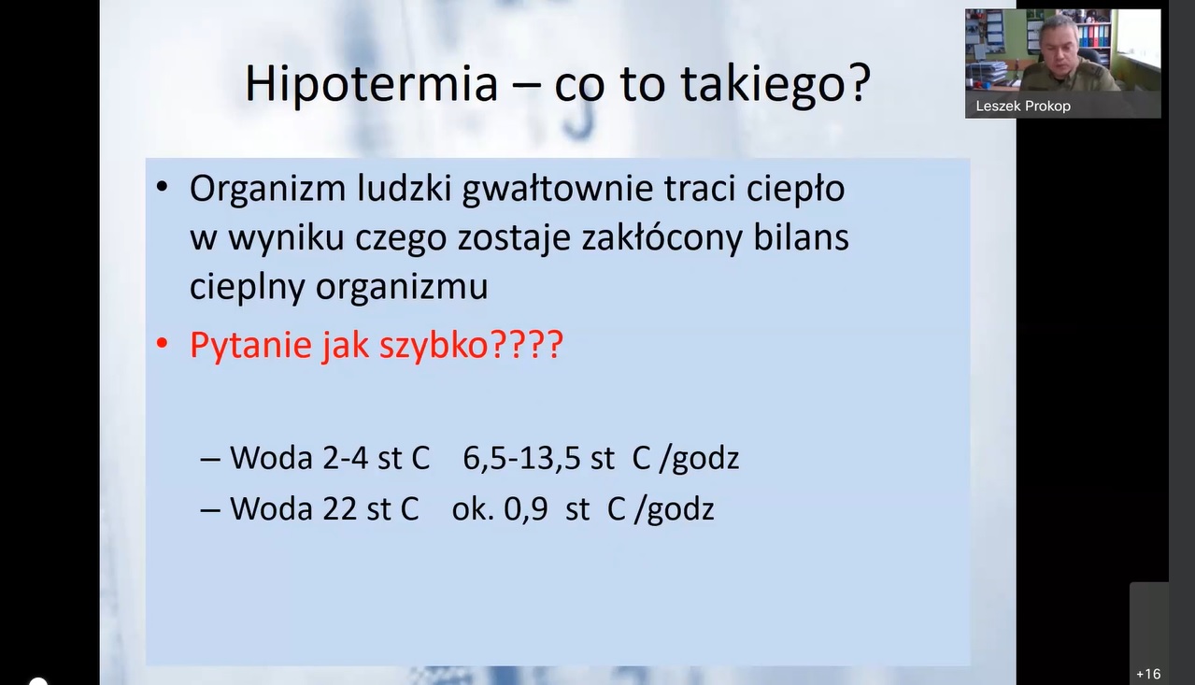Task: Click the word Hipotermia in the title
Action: (x=371, y=84)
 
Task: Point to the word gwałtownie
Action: (x=557, y=190)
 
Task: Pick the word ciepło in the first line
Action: (x=795, y=190)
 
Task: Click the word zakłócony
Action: (x=662, y=238)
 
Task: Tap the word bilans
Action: (x=801, y=237)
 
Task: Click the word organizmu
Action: (x=402, y=288)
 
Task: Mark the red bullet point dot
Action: (x=162, y=344)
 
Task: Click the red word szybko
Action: (x=434, y=345)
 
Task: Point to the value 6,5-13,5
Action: (x=521, y=458)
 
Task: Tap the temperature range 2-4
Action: (x=345, y=458)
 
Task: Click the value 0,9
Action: (x=525, y=509)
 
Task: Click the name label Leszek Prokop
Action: (x=1023, y=107)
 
